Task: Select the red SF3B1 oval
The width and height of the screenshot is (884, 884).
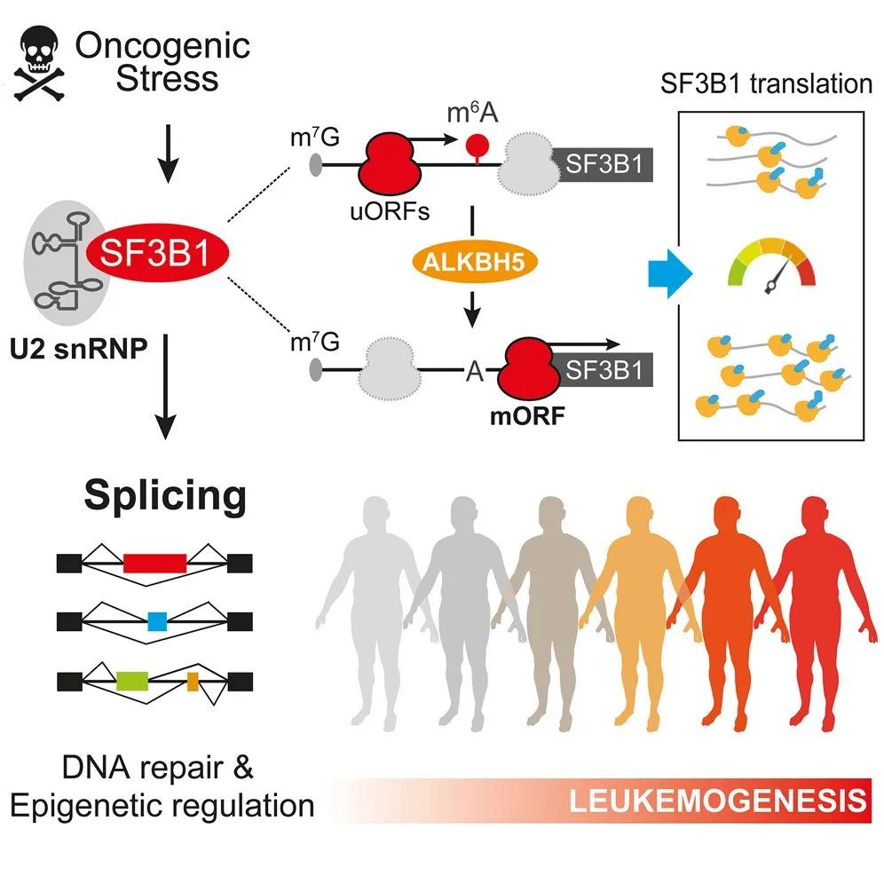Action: [156, 256]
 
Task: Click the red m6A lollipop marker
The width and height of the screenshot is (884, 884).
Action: [479, 147]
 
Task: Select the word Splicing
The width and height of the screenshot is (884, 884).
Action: [165, 497]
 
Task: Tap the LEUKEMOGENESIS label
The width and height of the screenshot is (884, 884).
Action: [715, 801]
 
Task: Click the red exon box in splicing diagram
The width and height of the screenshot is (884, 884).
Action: [154, 563]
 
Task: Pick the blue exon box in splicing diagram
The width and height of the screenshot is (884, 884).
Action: [158, 621]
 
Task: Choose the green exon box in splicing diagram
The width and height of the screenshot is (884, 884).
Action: [130, 681]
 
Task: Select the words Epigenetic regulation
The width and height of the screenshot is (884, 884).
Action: [162, 805]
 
